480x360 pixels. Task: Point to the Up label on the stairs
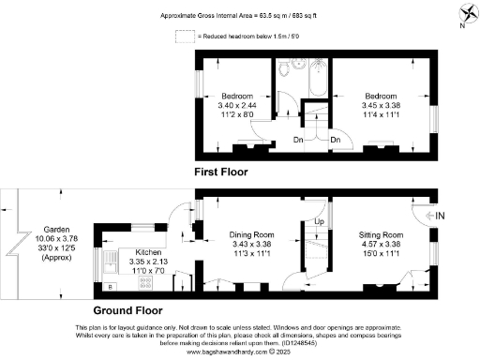click(x=319, y=222)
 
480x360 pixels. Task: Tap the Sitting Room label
click(x=382, y=234)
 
